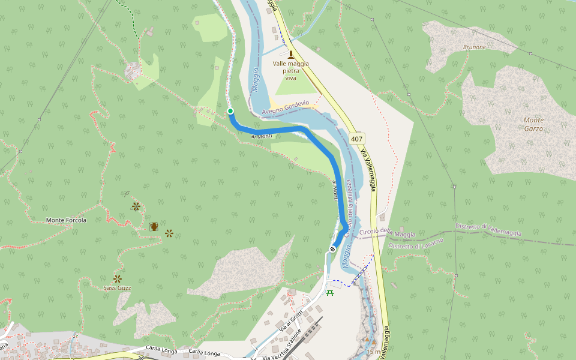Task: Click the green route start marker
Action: pyautogui.click(x=230, y=111)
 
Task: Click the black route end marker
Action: pyautogui.click(x=332, y=248)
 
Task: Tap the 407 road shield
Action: pyautogui.click(x=357, y=139)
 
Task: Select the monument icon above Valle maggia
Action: pyautogui.click(x=291, y=55)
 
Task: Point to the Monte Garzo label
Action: pyautogui.click(x=533, y=124)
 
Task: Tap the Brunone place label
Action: pyautogui.click(x=474, y=47)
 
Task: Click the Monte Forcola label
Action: pyautogui.click(x=66, y=220)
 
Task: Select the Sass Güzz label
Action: pyautogui.click(x=117, y=288)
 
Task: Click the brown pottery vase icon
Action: pyautogui.click(x=154, y=226)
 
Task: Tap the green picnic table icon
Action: pyautogui.click(x=329, y=292)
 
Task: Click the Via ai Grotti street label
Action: pyautogui.click(x=291, y=321)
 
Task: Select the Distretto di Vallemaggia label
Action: pyautogui.click(x=488, y=230)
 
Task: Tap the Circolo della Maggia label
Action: pyautogui.click(x=388, y=233)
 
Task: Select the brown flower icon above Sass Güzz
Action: pyautogui.click(x=118, y=278)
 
